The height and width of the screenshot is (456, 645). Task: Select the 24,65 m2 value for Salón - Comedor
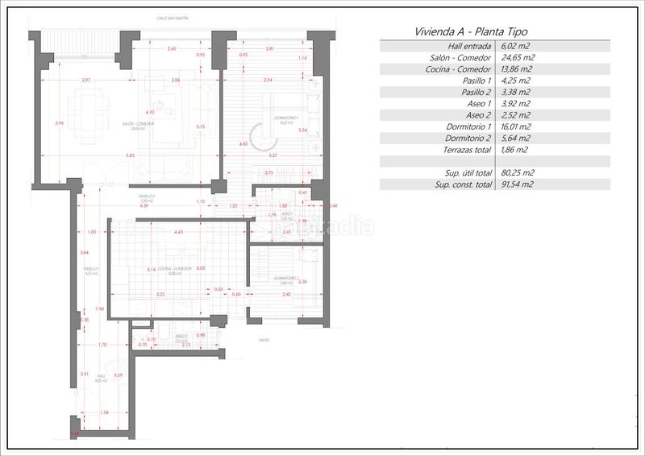(518, 58)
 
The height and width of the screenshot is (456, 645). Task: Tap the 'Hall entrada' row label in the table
(467, 47)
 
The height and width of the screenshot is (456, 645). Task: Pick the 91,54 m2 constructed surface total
(517, 184)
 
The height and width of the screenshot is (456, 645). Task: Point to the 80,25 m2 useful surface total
(517, 172)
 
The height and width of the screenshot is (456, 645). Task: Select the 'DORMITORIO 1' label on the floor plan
(280, 123)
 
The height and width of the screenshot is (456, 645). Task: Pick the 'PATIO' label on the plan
(264, 341)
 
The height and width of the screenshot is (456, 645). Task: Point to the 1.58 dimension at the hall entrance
(104, 412)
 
